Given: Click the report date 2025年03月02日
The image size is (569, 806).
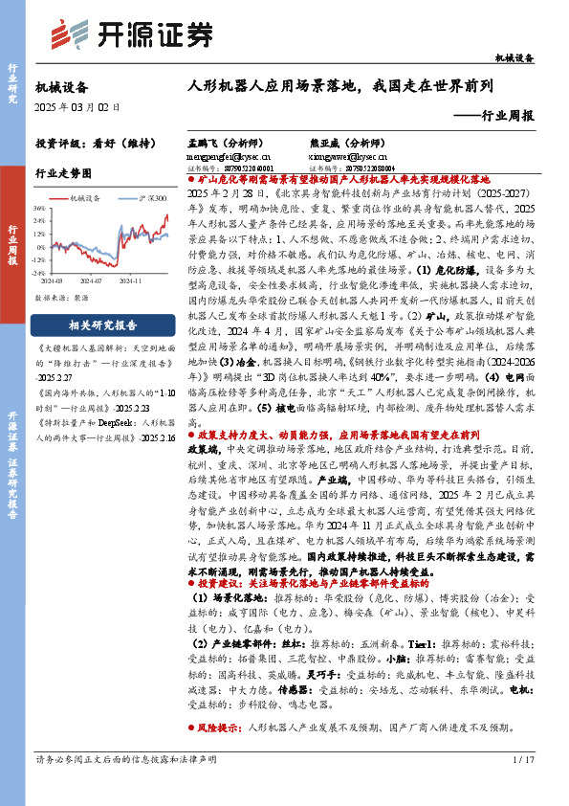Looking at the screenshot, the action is (77, 108).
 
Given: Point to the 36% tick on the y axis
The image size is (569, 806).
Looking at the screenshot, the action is (39, 207).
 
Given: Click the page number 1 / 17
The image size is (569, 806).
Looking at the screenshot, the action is (523, 759).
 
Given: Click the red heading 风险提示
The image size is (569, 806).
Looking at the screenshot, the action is (218, 728).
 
